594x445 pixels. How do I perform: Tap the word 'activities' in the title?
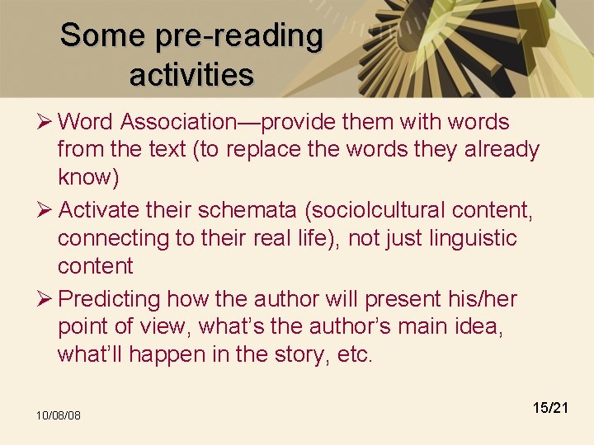click(x=191, y=75)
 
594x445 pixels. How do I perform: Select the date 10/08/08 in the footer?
click(x=58, y=415)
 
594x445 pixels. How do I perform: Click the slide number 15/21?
click(x=550, y=407)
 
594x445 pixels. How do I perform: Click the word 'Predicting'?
click(x=110, y=298)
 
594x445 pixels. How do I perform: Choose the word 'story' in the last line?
click(x=305, y=354)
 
